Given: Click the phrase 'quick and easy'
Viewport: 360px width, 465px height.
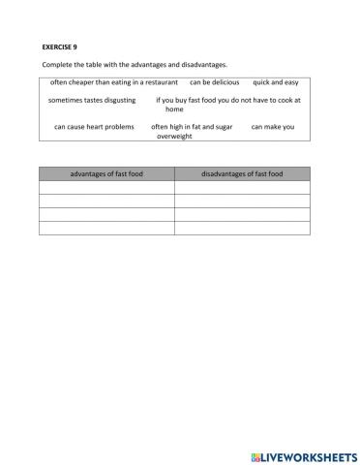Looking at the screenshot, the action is click(277, 82).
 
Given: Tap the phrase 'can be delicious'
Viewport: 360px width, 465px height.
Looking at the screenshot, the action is click(214, 82).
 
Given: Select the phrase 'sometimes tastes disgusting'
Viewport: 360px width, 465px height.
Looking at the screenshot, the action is click(88, 100).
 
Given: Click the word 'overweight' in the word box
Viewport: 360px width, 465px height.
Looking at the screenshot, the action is click(174, 137).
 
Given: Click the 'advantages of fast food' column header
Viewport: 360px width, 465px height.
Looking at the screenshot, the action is click(106, 173).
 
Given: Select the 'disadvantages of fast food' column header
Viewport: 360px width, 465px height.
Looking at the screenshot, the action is click(242, 173).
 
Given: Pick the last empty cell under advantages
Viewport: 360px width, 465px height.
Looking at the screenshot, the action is click(106, 228).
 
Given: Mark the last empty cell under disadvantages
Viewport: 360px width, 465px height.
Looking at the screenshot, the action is click(242, 228).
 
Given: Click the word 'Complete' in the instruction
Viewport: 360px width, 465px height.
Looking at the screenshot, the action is click(57, 64).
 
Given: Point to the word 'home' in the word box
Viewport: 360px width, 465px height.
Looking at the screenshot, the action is click(174, 109).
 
